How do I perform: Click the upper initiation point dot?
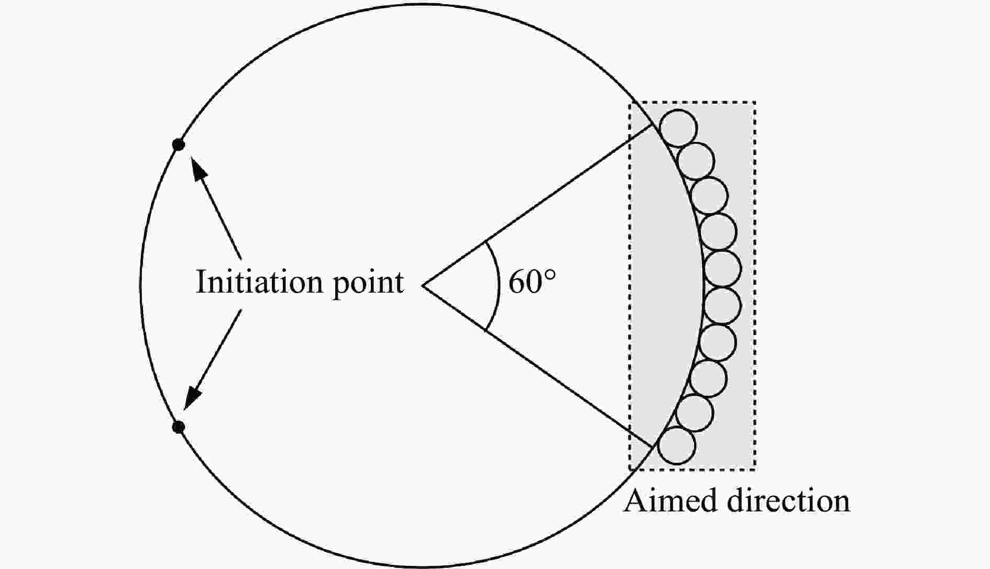click(179, 145)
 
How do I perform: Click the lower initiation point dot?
click(179, 427)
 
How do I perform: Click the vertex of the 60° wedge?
click(423, 286)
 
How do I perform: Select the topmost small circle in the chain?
click(678, 128)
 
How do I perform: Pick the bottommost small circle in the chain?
click(677, 445)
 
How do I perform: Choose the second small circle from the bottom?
click(695, 412)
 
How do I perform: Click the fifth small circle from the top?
click(723, 269)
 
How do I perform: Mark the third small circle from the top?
click(709, 196)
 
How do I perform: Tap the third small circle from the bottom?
click(708, 378)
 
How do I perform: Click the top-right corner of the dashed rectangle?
click(754, 102)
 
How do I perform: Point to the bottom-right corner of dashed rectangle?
click(754, 468)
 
